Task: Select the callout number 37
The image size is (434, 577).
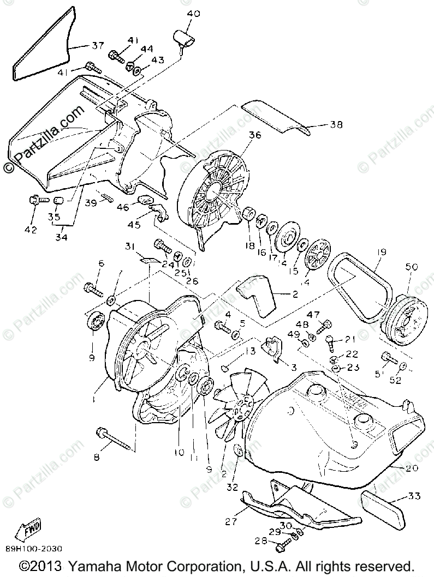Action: pyautogui.click(x=97, y=46)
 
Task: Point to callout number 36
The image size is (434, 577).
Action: pyautogui.click(x=254, y=136)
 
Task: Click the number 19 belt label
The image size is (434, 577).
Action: pyautogui.click(x=381, y=253)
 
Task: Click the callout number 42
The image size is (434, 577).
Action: pyautogui.click(x=31, y=230)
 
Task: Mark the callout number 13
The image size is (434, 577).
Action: pyautogui.click(x=250, y=352)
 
